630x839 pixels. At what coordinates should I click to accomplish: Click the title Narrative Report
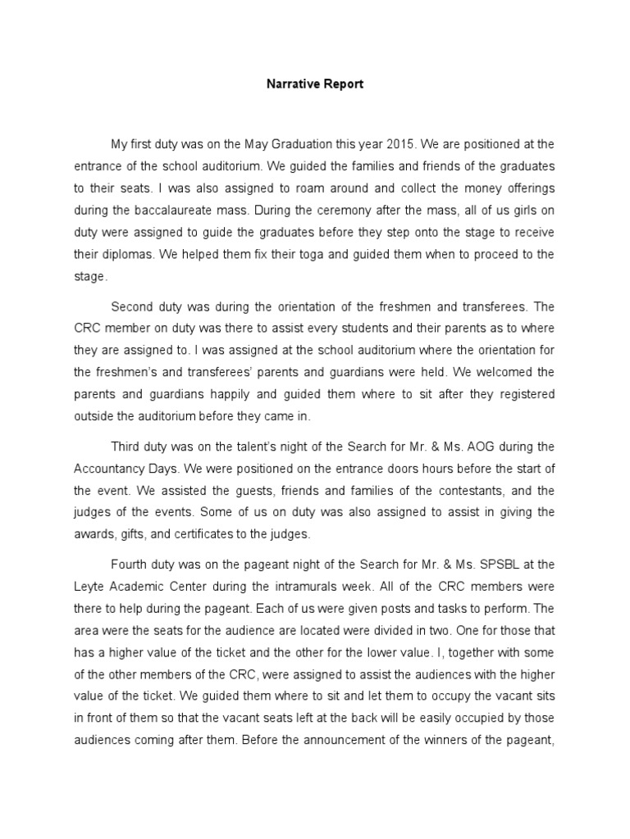click(x=314, y=84)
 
